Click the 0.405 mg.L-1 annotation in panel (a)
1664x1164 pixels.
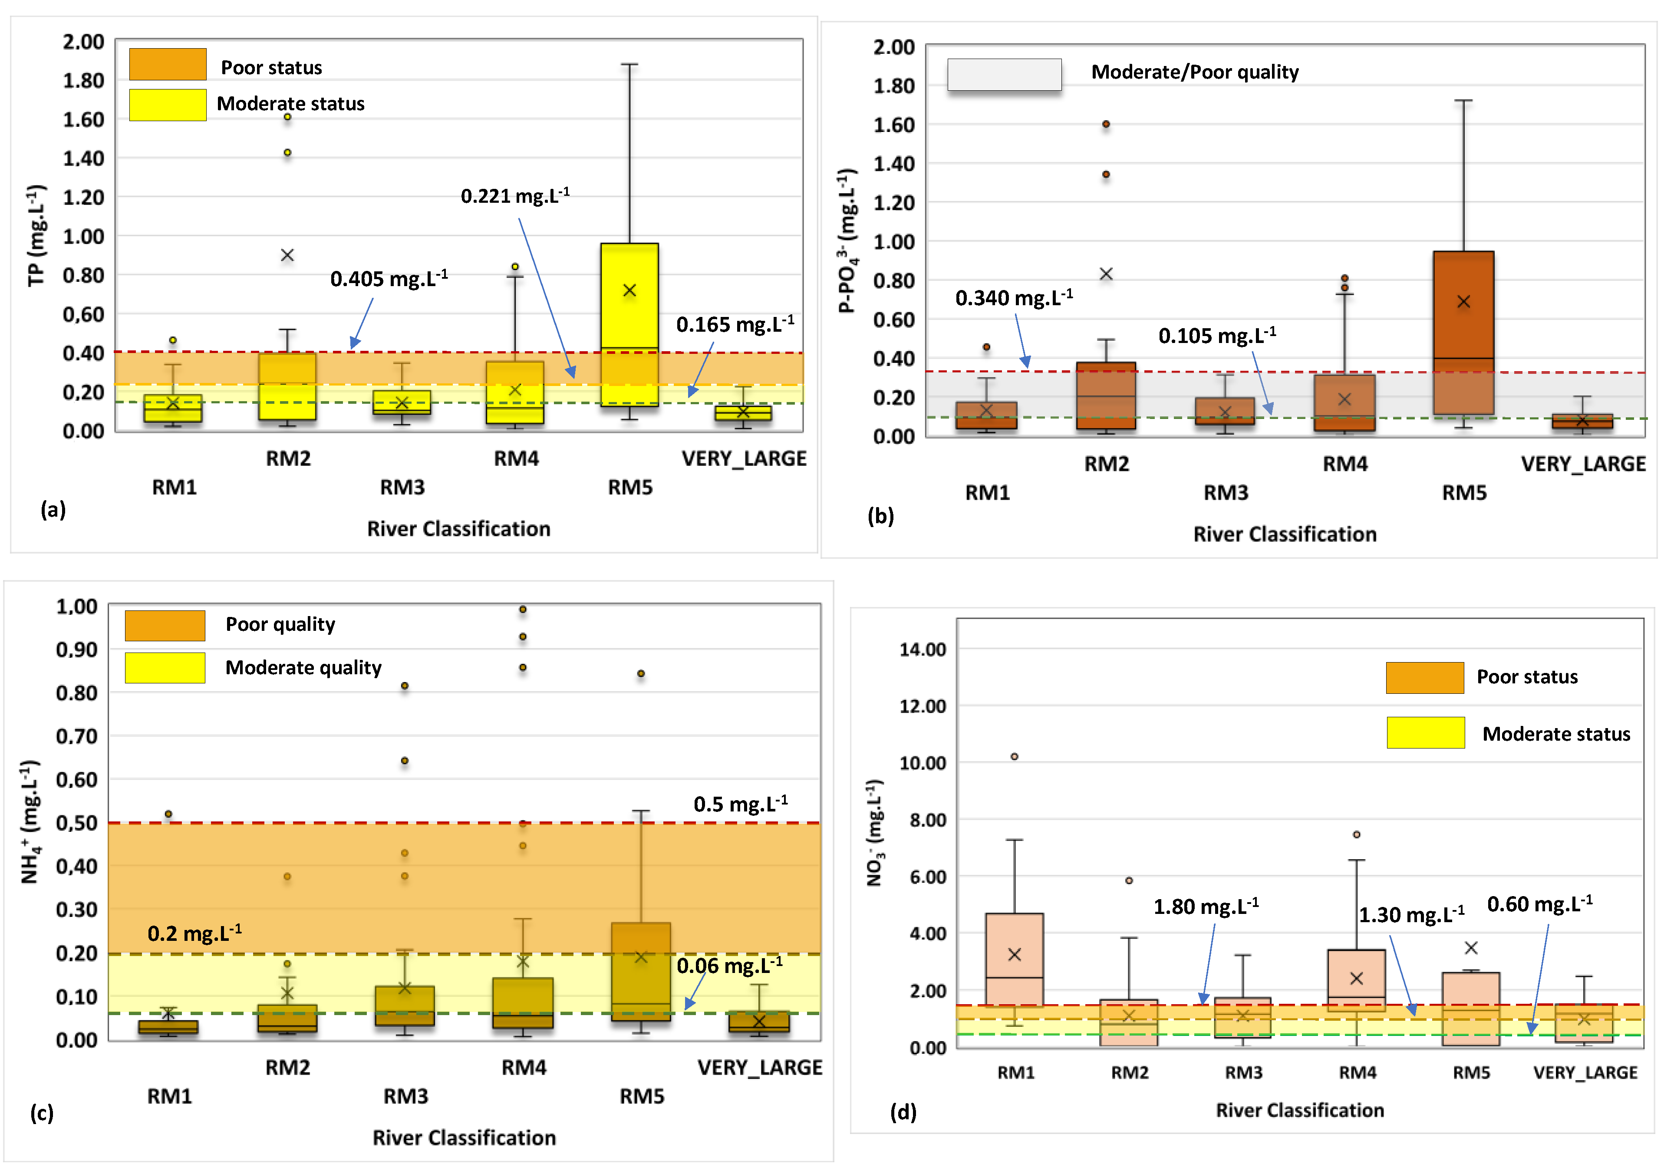(x=389, y=279)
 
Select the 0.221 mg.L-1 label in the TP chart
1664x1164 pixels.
(x=514, y=196)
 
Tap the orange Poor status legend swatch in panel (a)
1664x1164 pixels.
(x=168, y=65)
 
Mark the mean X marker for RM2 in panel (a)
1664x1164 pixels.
(x=287, y=255)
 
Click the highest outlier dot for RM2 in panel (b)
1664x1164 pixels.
(x=1106, y=124)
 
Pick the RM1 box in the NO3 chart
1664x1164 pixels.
(x=1014, y=960)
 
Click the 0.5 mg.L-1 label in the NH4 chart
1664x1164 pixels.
(x=740, y=804)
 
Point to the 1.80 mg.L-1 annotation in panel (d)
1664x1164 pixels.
(x=1205, y=907)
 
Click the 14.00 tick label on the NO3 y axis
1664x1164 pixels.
(x=923, y=650)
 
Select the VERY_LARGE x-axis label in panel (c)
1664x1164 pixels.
(x=760, y=1068)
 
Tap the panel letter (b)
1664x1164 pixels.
(x=880, y=516)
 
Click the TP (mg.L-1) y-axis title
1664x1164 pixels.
(x=36, y=236)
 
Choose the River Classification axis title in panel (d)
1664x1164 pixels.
(x=1299, y=1110)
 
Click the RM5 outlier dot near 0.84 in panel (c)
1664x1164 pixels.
(x=641, y=673)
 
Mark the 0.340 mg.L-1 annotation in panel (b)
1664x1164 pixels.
(x=1013, y=298)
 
